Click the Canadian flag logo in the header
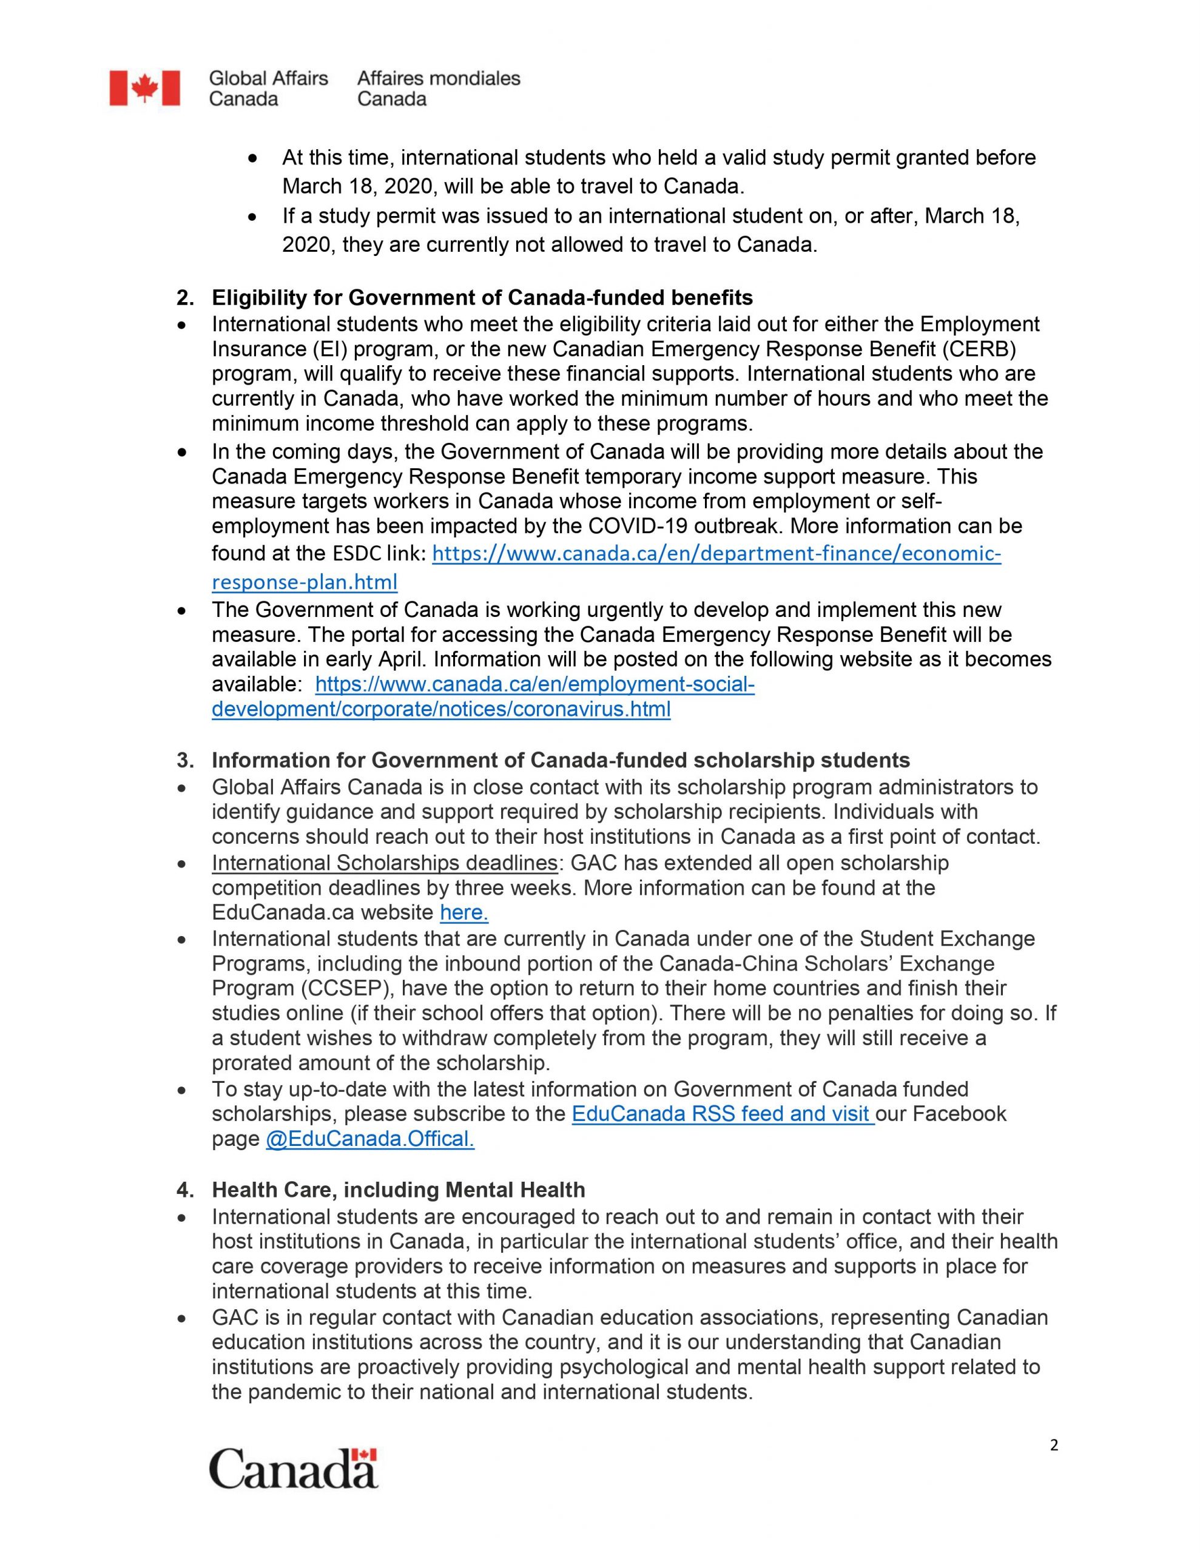click(x=144, y=88)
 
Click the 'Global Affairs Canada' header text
click(x=268, y=88)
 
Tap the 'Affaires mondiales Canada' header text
click(x=438, y=88)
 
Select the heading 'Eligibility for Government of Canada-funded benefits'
click(x=482, y=297)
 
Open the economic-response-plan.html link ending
click(x=305, y=582)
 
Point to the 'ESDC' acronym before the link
click(x=357, y=553)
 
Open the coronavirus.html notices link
click(x=441, y=709)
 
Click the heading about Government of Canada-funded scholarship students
click(x=561, y=760)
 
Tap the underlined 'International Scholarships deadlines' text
click(x=384, y=863)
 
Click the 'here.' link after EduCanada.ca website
click(x=463, y=912)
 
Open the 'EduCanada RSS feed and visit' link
click(x=723, y=1114)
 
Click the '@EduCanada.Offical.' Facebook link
click(x=370, y=1139)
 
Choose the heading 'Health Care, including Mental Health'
click(x=399, y=1190)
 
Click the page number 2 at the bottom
click(x=1053, y=1445)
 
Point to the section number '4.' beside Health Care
click(x=185, y=1190)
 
